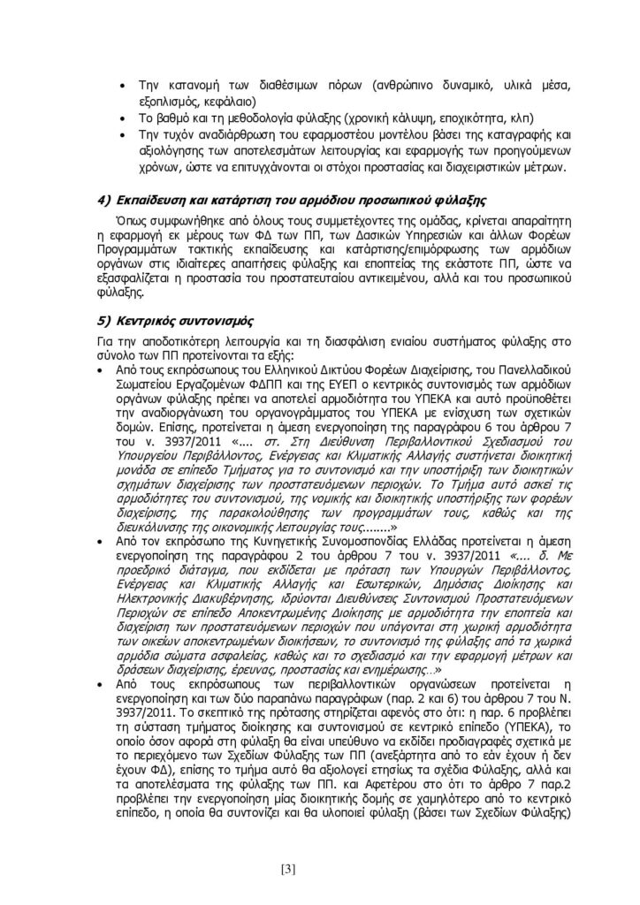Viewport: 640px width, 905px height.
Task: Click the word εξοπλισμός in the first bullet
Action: pos(167,101)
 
